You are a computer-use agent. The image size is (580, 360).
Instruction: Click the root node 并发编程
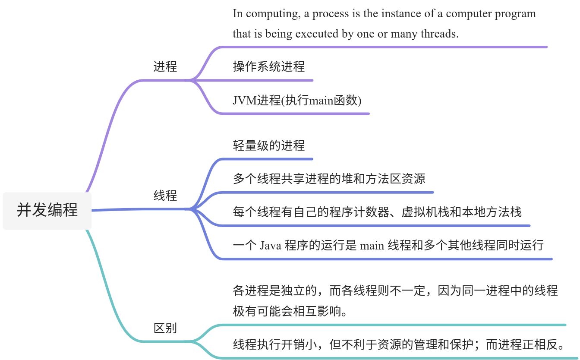point(47,210)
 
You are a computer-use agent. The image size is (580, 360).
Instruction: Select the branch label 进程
point(165,66)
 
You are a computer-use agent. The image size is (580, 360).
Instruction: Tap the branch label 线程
point(165,196)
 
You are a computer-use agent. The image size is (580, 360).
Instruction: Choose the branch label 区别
point(165,328)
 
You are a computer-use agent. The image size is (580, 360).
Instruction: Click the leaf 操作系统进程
point(269,66)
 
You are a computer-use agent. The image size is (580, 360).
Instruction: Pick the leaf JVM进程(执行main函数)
point(297,100)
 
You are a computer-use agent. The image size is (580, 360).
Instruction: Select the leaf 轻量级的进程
point(269,145)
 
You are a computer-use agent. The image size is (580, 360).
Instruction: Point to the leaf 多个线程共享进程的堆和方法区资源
point(329,178)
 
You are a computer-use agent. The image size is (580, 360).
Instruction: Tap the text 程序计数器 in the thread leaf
point(365,212)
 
